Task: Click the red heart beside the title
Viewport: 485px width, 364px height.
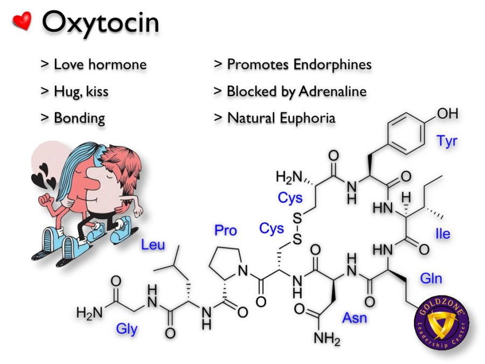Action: pyautogui.click(x=22, y=21)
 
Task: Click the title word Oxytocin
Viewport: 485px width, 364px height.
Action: pyautogui.click(x=101, y=22)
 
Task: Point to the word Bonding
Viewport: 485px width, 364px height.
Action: pyautogui.click(x=80, y=119)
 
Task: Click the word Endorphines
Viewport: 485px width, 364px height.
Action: pyautogui.click(x=332, y=65)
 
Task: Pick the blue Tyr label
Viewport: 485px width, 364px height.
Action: pyautogui.click(x=447, y=141)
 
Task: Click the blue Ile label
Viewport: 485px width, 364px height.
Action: pyautogui.click(x=442, y=233)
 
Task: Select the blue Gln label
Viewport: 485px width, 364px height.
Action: pyautogui.click(x=431, y=279)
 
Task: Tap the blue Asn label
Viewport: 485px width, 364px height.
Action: pyautogui.click(x=355, y=318)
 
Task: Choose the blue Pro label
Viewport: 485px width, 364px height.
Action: pyautogui.click(x=225, y=231)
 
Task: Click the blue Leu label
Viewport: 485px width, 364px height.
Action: pyautogui.click(x=153, y=245)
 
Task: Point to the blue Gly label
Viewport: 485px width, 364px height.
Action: pyautogui.click(x=127, y=329)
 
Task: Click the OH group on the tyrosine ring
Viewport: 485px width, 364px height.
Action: pyautogui.click(x=448, y=114)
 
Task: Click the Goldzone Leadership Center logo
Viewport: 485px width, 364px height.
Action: pyautogui.click(x=441, y=322)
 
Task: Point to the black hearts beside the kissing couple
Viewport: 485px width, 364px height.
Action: pyautogui.click(x=44, y=176)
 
